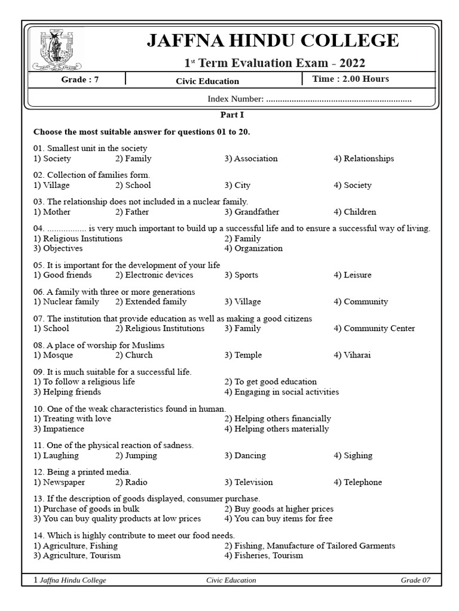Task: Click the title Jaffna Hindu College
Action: point(273,41)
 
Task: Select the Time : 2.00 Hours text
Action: point(350,79)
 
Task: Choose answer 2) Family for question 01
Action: point(133,159)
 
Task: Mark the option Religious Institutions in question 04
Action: point(78,239)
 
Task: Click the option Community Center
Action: point(374,328)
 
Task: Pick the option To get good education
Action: point(271,382)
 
